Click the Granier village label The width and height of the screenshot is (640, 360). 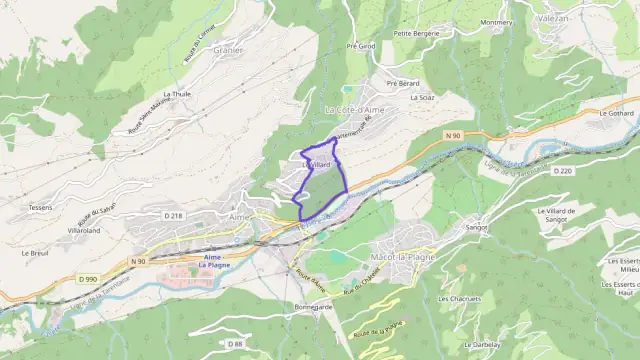click(228, 49)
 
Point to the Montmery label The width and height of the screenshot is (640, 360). click(496, 22)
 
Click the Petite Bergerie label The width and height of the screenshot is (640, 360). click(416, 32)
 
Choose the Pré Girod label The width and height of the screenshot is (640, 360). click(361, 46)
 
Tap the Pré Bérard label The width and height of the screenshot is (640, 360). click(402, 83)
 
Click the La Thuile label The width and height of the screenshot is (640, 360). click(176, 94)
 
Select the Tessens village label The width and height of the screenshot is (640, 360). click(40, 208)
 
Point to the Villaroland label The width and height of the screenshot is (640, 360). click(84, 230)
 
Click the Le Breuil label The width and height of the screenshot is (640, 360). click(35, 253)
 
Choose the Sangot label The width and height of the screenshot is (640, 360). click(477, 227)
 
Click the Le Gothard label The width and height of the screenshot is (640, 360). click(616, 114)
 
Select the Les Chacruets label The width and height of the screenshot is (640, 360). click(459, 298)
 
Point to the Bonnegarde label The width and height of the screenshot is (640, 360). click(313, 306)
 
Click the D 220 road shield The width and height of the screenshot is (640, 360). click(560, 171)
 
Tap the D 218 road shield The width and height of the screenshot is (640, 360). click(173, 215)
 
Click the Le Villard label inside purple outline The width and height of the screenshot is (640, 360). click(316, 164)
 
